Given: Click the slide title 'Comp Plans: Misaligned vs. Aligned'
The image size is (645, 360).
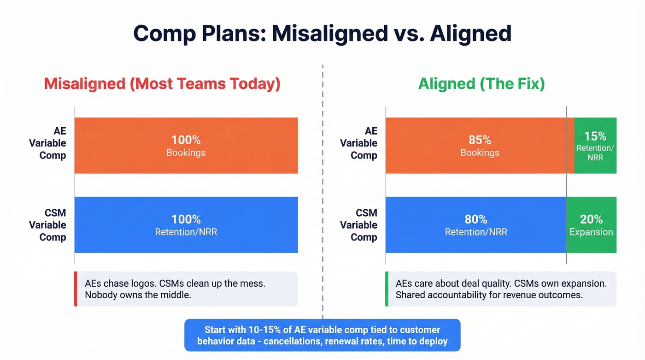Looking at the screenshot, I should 322,34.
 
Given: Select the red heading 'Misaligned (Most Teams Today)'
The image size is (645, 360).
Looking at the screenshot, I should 162,84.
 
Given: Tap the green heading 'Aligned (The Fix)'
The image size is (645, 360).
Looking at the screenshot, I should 481,84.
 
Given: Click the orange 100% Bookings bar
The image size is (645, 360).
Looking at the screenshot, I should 186,146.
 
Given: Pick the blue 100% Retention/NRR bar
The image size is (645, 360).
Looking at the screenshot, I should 186,225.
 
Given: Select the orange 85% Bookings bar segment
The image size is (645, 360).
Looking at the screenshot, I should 479,146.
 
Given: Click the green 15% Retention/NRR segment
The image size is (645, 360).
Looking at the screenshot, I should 595,146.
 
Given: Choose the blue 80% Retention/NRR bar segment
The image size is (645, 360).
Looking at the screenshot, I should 475,225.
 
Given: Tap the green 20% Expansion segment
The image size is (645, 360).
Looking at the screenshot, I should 591,225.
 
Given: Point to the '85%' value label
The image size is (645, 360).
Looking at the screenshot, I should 480,140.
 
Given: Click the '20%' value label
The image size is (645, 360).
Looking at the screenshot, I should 591,219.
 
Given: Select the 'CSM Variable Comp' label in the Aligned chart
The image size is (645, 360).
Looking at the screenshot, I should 359,225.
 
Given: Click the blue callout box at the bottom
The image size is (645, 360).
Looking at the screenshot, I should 322,335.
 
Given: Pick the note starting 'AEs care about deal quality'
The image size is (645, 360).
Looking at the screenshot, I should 501,289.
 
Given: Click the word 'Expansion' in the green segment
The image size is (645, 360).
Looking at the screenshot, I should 591,232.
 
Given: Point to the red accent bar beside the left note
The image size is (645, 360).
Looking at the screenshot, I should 75,289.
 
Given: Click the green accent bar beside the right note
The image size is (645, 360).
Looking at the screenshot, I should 387,289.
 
